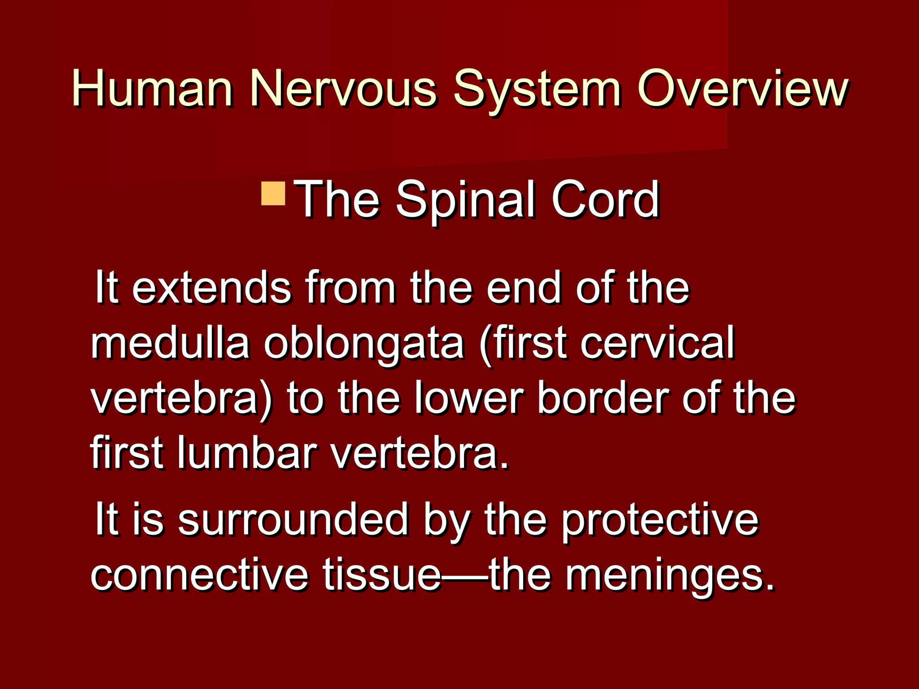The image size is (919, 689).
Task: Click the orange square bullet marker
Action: pyautogui.click(x=273, y=193)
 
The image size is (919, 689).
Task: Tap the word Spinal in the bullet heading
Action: pyautogui.click(x=465, y=200)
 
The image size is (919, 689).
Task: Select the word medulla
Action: pyautogui.click(x=170, y=343)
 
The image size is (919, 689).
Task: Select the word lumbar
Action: pyautogui.click(x=247, y=453)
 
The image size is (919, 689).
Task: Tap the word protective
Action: pyautogui.click(x=660, y=522)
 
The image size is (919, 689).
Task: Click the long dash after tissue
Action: pyautogui.click(x=465, y=576)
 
